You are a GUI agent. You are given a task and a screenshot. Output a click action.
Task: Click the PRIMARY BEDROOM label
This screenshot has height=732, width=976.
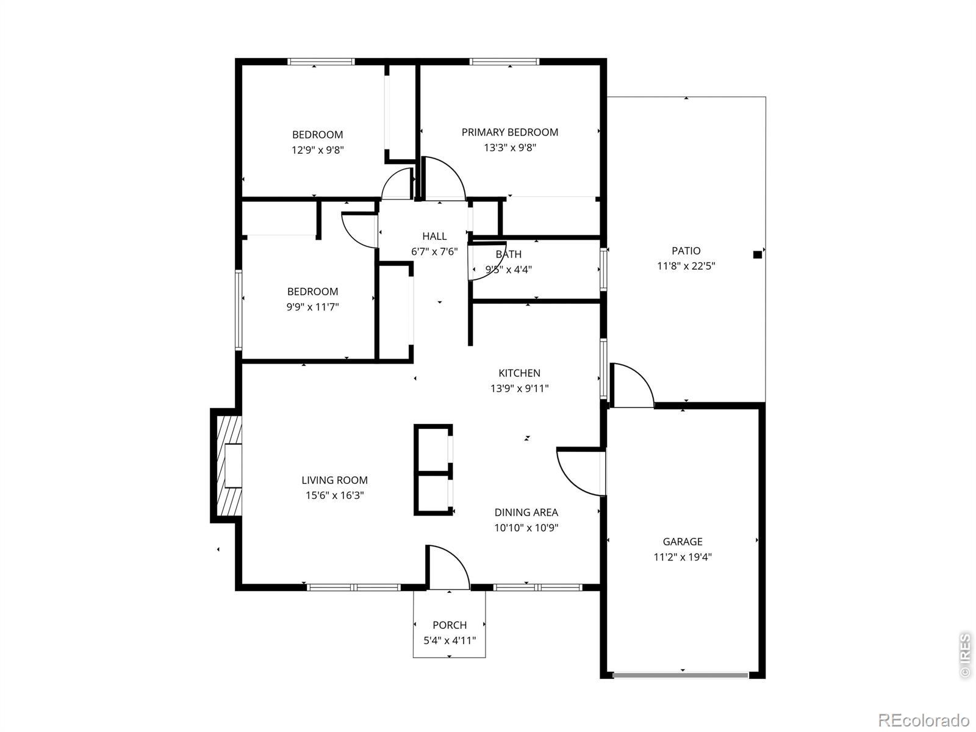tap(509, 132)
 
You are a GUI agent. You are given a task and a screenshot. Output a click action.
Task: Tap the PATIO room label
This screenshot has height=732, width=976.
tap(686, 251)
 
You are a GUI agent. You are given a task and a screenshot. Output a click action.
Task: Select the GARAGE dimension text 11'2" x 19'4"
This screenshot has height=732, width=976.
tap(683, 557)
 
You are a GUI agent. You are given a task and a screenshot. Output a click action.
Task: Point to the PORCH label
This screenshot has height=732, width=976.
tap(450, 625)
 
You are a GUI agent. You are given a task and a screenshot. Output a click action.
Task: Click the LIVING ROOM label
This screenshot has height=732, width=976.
tap(334, 481)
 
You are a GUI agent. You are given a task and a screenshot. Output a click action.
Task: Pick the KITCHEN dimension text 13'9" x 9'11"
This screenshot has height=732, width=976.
tap(519, 389)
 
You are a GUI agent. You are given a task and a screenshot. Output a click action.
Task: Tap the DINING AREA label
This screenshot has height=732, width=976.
tap(526, 513)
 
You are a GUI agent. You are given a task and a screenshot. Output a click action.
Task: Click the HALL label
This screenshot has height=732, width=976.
tap(434, 236)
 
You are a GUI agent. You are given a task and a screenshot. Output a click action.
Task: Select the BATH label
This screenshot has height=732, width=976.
tap(508, 254)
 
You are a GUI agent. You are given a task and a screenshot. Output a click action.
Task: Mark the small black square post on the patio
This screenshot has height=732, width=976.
tap(757, 255)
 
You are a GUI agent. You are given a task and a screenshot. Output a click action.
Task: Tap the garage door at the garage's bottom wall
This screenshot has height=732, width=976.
tap(680, 675)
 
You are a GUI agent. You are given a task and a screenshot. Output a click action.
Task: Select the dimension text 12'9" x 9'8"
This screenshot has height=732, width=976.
tap(317, 150)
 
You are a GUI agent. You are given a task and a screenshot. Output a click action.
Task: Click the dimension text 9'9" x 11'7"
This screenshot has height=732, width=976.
tap(312, 307)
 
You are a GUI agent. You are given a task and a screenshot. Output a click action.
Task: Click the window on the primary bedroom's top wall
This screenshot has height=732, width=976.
tap(504, 62)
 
